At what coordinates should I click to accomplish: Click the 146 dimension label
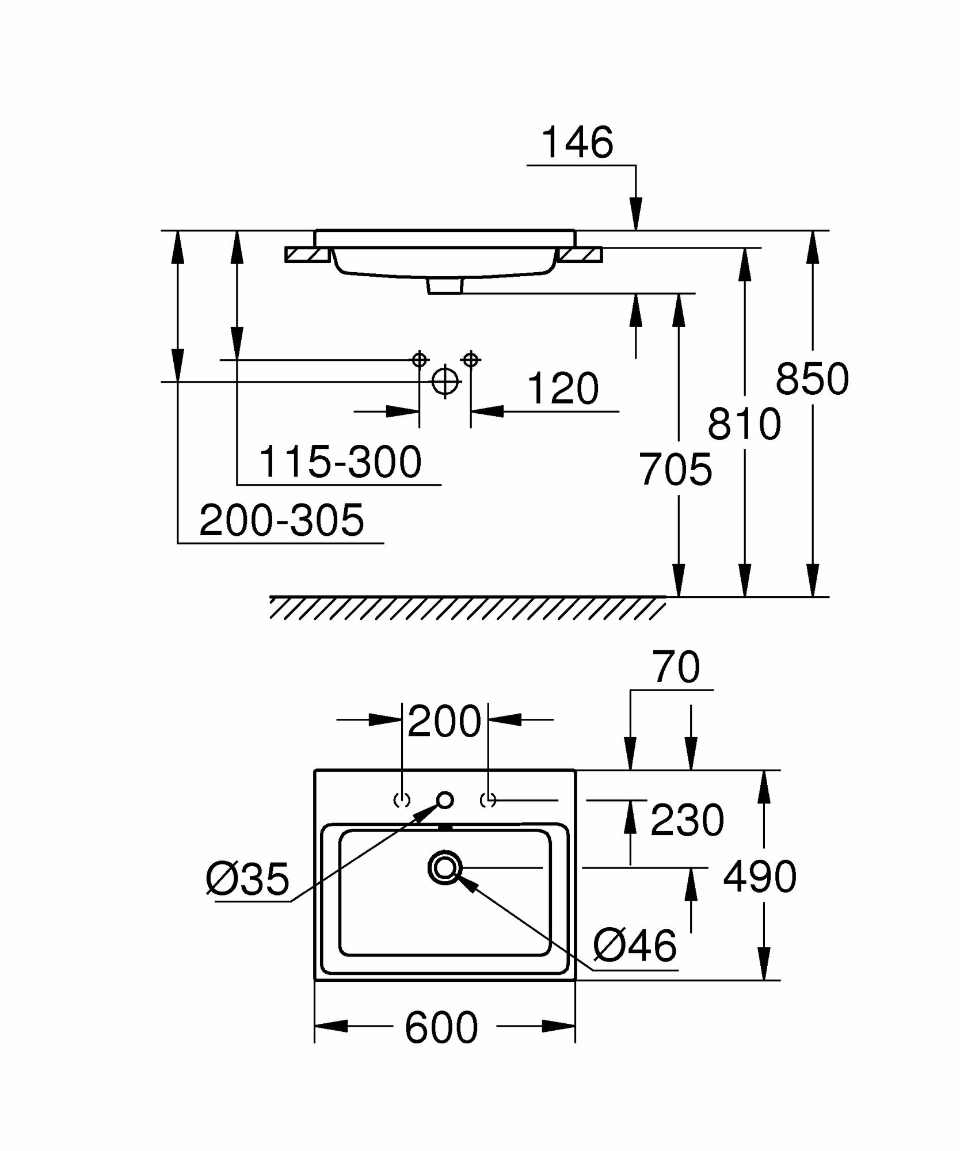(578, 143)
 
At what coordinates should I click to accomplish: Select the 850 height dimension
(812, 379)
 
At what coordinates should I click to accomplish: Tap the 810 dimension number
(744, 424)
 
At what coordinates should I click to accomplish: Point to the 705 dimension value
(675, 470)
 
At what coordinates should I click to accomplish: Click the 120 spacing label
(562, 389)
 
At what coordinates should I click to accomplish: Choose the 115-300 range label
(340, 462)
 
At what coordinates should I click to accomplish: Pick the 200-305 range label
(281, 520)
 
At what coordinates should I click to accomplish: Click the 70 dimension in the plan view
(677, 668)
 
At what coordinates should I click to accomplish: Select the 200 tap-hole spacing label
(444, 721)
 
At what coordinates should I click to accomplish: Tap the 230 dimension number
(687, 820)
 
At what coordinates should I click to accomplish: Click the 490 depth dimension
(760, 877)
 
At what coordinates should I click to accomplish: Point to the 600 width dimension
(441, 1028)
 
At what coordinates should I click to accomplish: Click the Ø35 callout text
(247, 880)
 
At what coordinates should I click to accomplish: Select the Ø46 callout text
(635, 944)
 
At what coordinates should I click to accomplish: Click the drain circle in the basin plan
(445, 867)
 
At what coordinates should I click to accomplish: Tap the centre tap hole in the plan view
(445, 799)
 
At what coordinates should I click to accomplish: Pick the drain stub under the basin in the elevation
(445, 286)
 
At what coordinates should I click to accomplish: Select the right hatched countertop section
(581, 254)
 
